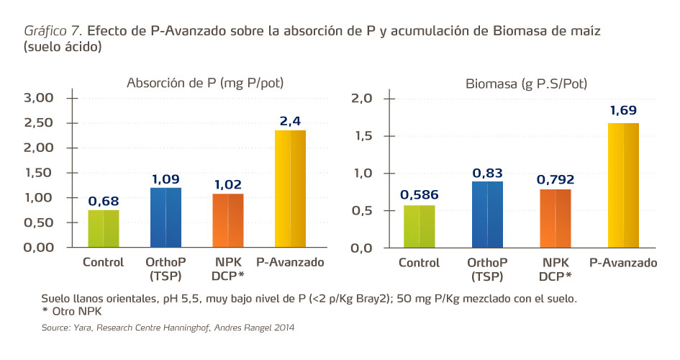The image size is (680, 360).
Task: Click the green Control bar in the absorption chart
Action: (x=104, y=228)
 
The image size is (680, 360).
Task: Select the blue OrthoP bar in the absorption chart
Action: (x=166, y=217)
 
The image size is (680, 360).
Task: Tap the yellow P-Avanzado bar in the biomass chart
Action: (x=622, y=185)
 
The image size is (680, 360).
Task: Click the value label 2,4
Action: (x=290, y=121)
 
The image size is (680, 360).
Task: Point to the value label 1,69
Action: (x=623, y=111)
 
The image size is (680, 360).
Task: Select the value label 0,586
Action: (x=419, y=194)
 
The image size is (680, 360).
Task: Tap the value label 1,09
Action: (x=166, y=178)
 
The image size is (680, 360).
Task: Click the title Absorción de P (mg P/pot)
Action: (x=205, y=83)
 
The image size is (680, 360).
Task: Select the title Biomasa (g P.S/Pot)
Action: (x=525, y=84)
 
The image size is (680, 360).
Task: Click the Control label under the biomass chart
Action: (x=419, y=263)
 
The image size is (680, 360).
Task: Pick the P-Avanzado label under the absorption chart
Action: (x=290, y=262)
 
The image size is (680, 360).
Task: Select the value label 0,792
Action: (x=555, y=179)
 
